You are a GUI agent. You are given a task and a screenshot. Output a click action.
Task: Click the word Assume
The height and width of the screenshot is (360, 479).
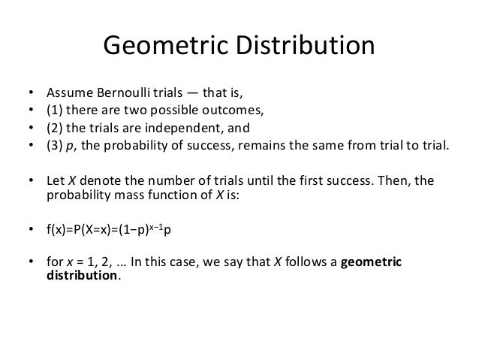[67, 95]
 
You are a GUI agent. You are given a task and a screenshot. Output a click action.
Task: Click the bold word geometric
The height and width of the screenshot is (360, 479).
[371, 261]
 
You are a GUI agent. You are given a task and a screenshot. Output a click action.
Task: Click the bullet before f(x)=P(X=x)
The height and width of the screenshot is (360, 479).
[31, 231]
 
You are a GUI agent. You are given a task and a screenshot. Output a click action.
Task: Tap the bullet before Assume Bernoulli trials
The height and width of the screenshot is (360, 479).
[31, 95]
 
